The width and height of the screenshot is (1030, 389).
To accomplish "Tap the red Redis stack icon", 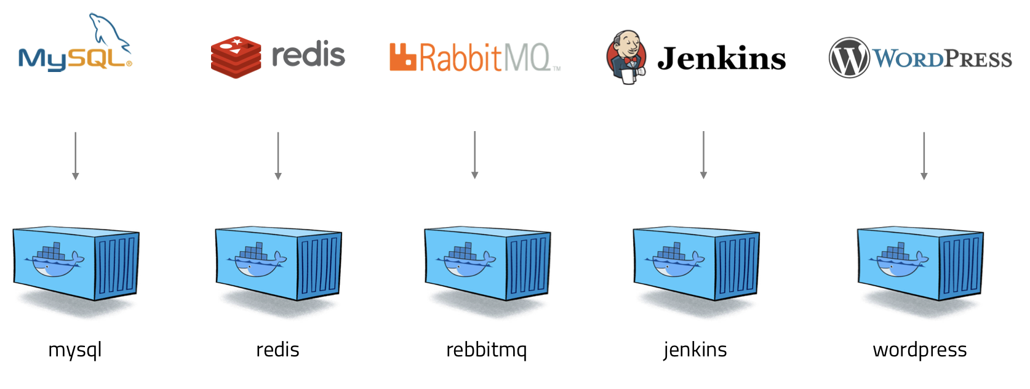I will [236, 57].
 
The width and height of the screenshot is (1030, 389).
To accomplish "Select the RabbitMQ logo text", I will [474, 58].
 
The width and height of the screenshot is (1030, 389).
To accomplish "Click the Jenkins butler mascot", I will [626, 57].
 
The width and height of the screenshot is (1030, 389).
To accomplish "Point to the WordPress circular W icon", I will [849, 58].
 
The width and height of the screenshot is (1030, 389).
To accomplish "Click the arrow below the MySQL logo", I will [76, 156].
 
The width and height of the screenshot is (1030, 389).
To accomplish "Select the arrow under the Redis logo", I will [278, 156].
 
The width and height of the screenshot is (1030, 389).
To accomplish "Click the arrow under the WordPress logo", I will [924, 156].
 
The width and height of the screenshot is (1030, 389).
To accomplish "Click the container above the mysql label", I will [76, 263].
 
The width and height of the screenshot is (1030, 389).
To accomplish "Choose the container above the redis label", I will [279, 263].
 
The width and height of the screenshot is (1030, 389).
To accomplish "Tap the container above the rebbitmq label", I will [487, 263].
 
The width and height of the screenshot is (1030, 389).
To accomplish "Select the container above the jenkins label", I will [697, 263].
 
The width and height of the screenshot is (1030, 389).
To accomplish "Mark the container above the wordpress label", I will [920, 263].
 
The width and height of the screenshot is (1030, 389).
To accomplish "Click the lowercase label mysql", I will [75, 350].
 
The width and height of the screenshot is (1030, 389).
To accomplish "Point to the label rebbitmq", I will [487, 350].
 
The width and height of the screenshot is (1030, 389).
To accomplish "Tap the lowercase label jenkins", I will [695, 350].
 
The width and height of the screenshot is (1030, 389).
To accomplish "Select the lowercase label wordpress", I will [920, 350].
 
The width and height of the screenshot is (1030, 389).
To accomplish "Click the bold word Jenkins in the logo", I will [722, 59].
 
